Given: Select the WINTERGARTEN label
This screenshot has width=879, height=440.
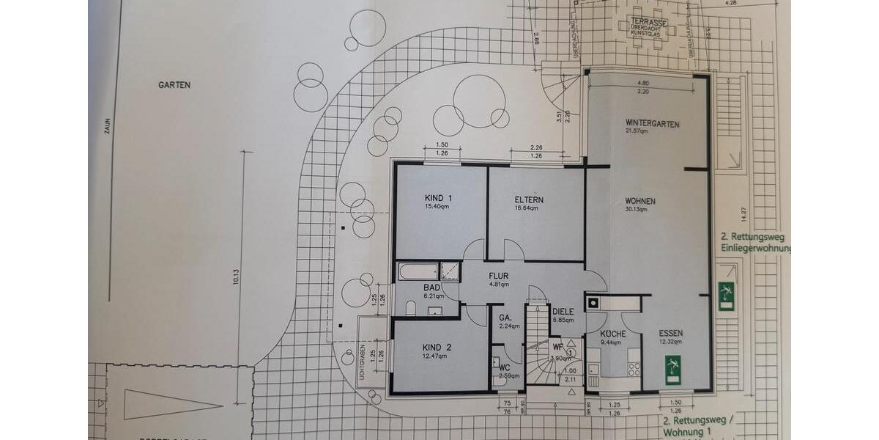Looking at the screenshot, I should (x=652, y=123).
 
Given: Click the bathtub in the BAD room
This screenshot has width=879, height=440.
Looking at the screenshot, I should (x=417, y=271).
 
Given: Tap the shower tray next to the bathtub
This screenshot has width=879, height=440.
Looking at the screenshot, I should (x=449, y=271).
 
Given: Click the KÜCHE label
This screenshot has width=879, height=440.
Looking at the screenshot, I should (x=613, y=334).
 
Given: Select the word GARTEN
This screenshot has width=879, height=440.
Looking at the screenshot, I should (x=174, y=85).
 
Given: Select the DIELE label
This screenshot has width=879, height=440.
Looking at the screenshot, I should (x=563, y=311).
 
